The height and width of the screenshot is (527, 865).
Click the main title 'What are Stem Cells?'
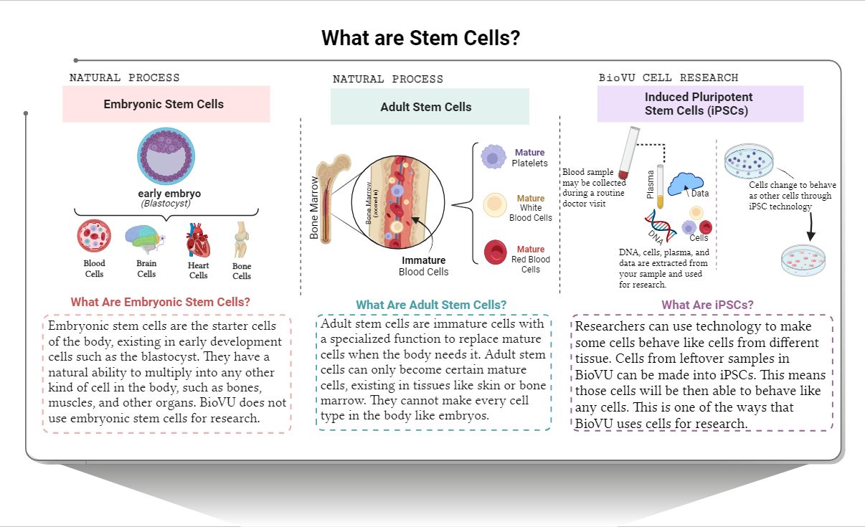tap(420, 38)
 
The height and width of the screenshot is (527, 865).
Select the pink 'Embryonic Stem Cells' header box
tap(166, 104)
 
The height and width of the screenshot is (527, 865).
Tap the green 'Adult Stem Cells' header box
tap(429, 107)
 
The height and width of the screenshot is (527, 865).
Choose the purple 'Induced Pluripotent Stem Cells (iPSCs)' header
tap(699, 104)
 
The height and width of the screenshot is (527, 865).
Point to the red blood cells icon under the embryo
tap(94, 238)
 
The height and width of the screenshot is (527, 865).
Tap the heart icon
tap(198, 241)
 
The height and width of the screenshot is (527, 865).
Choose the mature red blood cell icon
tap(495, 252)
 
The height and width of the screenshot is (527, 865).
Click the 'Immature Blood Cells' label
tap(423, 266)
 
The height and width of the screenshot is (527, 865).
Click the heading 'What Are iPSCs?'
tap(707, 305)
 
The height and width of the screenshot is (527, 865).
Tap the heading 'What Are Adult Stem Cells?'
tap(431, 305)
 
